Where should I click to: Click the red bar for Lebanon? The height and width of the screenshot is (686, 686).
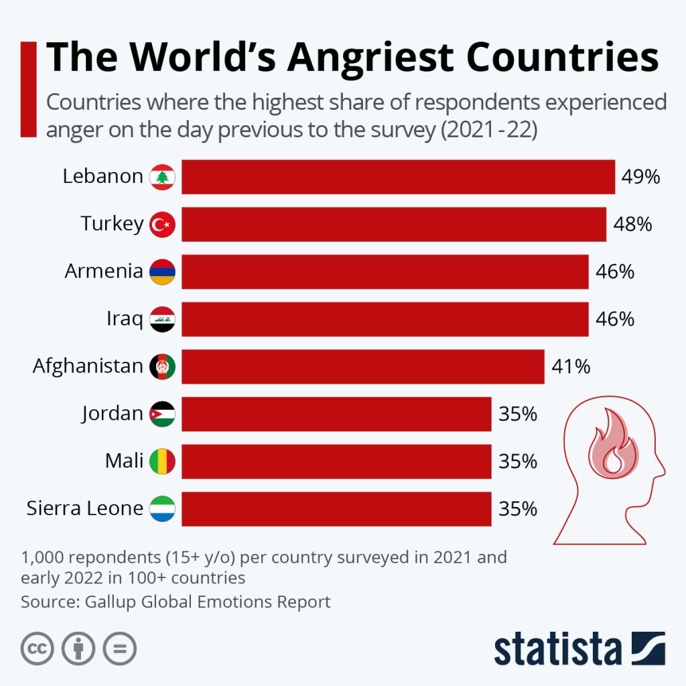[x=398, y=177]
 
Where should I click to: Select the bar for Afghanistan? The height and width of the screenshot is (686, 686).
[x=362, y=366]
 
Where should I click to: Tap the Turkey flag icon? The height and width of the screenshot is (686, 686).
[x=162, y=224]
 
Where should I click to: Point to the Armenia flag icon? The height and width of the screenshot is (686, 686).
[x=162, y=272]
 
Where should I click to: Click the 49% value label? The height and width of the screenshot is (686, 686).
[x=640, y=177]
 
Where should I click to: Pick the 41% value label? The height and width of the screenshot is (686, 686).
[x=570, y=366]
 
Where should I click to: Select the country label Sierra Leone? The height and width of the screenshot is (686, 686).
[x=84, y=508]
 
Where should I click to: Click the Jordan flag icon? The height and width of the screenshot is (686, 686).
[x=162, y=414]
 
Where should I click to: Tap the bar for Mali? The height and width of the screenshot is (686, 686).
[x=336, y=462]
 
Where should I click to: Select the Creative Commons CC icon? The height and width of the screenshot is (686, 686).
[x=38, y=648]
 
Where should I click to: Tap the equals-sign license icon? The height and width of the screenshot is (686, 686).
[x=119, y=648]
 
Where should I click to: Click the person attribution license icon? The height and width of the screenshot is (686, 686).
[x=78, y=648]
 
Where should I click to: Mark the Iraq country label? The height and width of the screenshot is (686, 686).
[x=125, y=320]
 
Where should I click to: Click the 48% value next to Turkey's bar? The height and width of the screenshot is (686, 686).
[x=632, y=224]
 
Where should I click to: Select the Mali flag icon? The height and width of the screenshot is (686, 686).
[x=162, y=462]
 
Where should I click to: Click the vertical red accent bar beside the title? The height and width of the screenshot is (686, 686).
[x=28, y=89]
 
